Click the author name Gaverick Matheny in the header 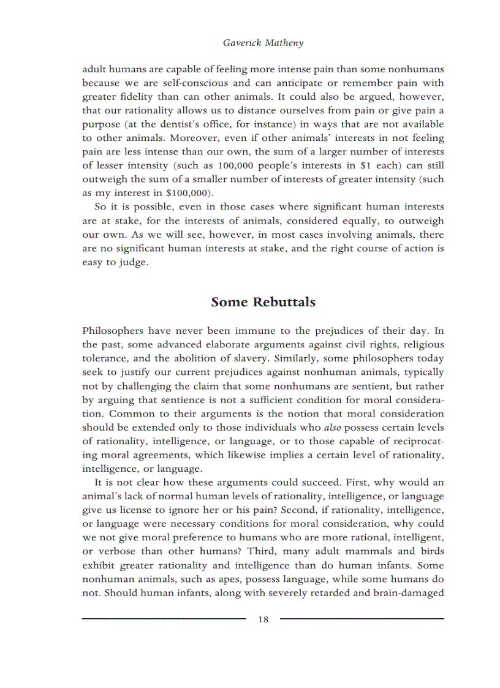pyautogui.click(x=263, y=43)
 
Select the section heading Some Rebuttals pyautogui.click(x=263, y=303)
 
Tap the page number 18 pyautogui.click(x=263, y=619)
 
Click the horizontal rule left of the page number pyautogui.click(x=164, y=619)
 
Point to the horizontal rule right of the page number pyautogui.click(x=362, y=619)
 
